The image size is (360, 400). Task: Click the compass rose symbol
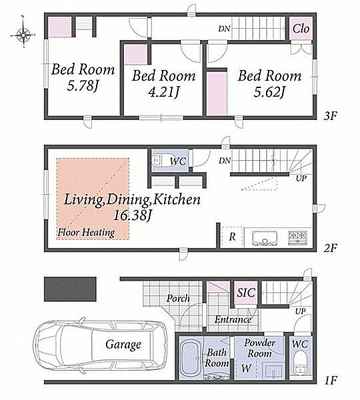[23, 35]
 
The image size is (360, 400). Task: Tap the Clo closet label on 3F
[301, 29]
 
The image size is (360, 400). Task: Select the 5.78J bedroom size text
[83, 86]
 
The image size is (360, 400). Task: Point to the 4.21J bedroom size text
[163, 93]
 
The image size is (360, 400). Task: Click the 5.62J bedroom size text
[269, 93]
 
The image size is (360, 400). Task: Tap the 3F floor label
[331, 116]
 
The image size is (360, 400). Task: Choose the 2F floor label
[331, 248]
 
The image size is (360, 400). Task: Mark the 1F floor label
[331, 381]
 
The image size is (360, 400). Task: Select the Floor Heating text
[86, 233]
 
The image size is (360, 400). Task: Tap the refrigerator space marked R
[232, 237]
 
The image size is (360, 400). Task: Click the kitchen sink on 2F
[265, 239]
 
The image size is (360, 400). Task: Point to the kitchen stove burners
[297, 238]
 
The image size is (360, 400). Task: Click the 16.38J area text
[133, 215]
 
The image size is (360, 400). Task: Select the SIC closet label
[246, 293]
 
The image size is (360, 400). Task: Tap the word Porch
[178, 298]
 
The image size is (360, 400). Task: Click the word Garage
[123, 345]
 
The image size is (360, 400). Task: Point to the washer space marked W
[246, 368]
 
